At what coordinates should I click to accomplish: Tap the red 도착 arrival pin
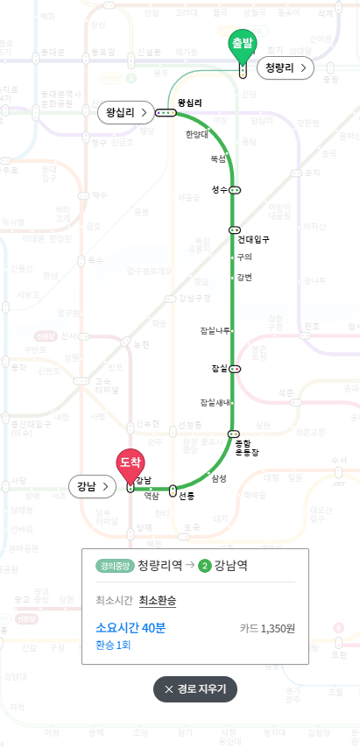click(x=130, y=462)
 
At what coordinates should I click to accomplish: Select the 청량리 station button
click(x=286, y=67)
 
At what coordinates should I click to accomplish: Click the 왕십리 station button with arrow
click(x=125, y=113)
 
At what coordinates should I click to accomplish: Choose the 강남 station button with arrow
click(x=93, y=485)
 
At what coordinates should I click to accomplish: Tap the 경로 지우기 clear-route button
click(x=194, y=689)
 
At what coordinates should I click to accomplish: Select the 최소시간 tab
click(x=113, y=600)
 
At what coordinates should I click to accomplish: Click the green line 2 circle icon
click(x=204, y=565)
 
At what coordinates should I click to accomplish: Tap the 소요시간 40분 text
click(x=131, y=628)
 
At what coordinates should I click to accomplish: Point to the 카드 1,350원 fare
click(x=267, y=628)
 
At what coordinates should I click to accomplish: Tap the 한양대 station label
click(x=196, y=134)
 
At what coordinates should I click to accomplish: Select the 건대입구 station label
click(x=252, y=238)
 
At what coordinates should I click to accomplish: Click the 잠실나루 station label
click(x=215, y=330)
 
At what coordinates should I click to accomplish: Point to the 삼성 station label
click(x=218, y=477)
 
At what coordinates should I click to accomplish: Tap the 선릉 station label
click(x=186, y=496)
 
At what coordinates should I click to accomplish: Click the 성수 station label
click(x=219, y=189)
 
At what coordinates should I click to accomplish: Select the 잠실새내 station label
click(x=215, y=402)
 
